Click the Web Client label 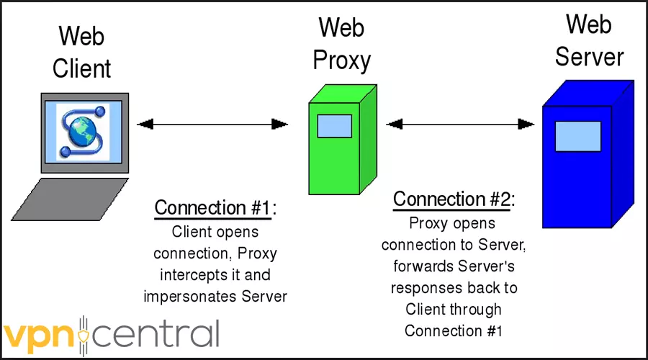pos(85,51)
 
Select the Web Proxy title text pos(342,44)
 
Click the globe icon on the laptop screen pos(85,130)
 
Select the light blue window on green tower pos(335,126)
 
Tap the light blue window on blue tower pos(577,135)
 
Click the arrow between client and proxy pos(212,125)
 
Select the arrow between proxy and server pos(461,125)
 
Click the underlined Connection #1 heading pos(215,209)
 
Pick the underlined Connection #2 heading pos(453,199)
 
